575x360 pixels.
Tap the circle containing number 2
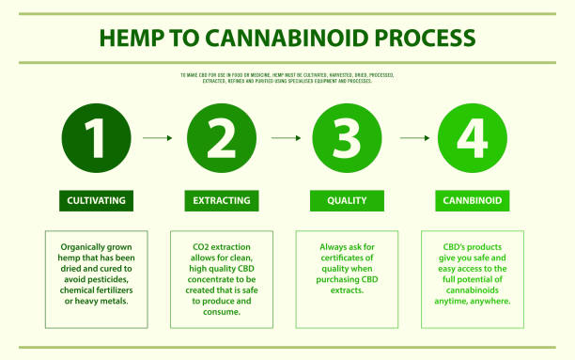coord(222,138)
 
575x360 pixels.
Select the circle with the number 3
coord(348,138)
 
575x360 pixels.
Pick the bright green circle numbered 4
coord(474,138)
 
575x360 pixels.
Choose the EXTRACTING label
coord(222,200)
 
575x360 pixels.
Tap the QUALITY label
coord(348,200)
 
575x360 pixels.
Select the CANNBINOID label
coord(474,200)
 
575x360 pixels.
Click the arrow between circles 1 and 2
coord(158,138)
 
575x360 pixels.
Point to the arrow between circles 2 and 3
coord(285,138)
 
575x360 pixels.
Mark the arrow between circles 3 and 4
coord(412,138)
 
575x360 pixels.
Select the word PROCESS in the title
coord(427,39)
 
